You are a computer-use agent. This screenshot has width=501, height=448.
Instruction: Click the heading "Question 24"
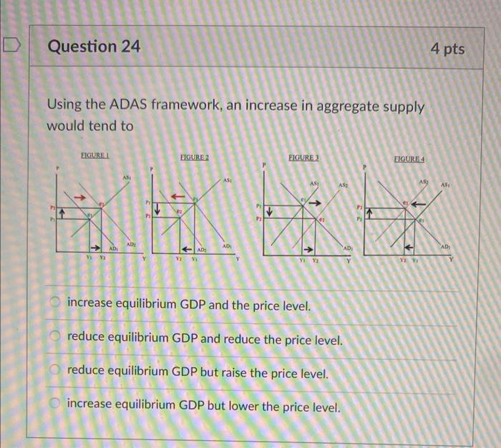(x=93, y=47)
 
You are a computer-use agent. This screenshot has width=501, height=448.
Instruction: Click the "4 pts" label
(x=448, y=49)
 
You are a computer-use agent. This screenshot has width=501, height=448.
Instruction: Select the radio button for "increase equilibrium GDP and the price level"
(x=56, y=306)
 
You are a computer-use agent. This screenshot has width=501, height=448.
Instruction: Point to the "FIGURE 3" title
(x=303, y=157)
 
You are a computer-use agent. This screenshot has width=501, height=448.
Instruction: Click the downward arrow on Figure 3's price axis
(x=269, y=213)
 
